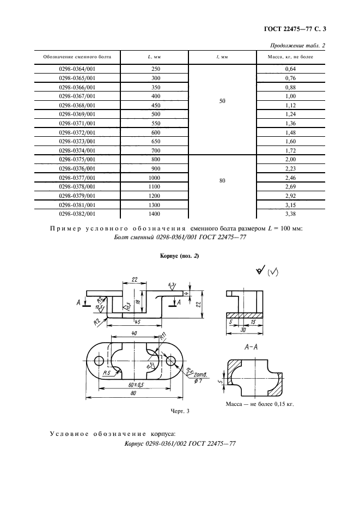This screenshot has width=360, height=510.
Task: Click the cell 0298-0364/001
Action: tap(76, 69)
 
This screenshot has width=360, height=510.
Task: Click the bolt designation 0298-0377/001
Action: tap(76, 178)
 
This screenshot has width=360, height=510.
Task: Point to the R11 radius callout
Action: tap(163, 337)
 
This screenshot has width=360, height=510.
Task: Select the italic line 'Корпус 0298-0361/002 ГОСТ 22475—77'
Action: tap(180, 445)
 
